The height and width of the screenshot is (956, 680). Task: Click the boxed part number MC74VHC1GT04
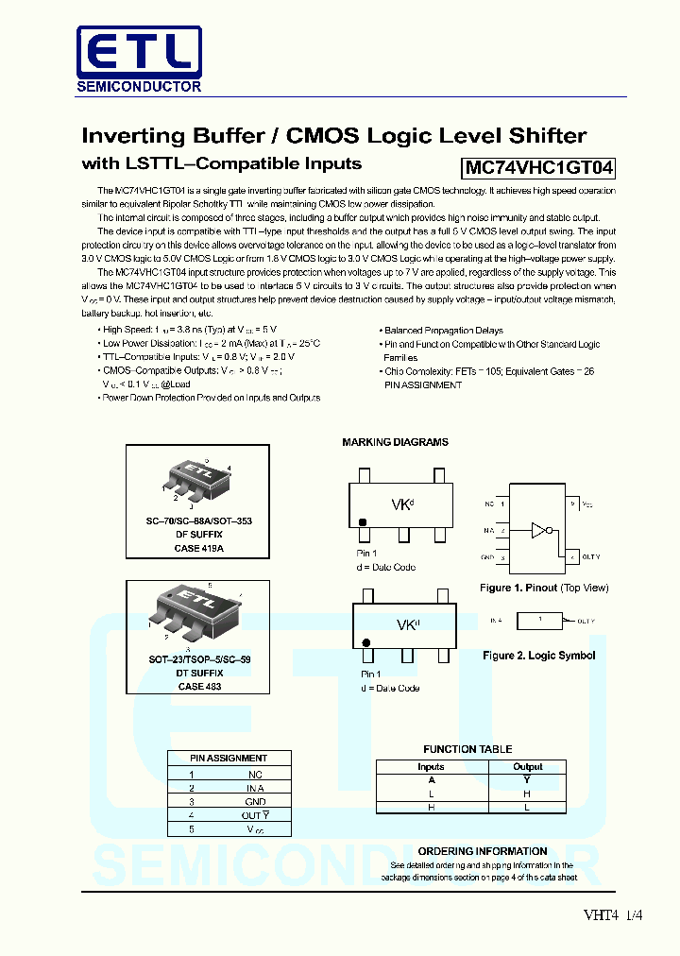click(539, 168)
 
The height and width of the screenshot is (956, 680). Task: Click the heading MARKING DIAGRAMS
click(395, 442)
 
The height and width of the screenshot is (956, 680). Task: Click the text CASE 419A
click(199, 548)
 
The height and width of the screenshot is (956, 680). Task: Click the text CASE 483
click(198, 687)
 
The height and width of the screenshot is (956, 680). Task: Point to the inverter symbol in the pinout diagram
click(538, 530)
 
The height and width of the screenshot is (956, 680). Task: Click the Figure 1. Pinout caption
click(544, 588)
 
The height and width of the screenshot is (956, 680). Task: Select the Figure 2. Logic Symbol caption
click(538, 656)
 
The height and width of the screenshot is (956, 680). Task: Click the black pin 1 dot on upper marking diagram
click(362, 521)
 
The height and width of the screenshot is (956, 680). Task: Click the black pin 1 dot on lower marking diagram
click(366, 642)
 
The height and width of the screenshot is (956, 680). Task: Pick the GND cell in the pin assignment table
click(255, 801)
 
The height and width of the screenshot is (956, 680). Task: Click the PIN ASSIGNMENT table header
click(229, 758)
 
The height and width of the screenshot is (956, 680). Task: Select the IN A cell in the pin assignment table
click(255, 787)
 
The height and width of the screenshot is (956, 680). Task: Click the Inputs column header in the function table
click(431, 767)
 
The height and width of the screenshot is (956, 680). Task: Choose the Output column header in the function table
click(528, 767)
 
